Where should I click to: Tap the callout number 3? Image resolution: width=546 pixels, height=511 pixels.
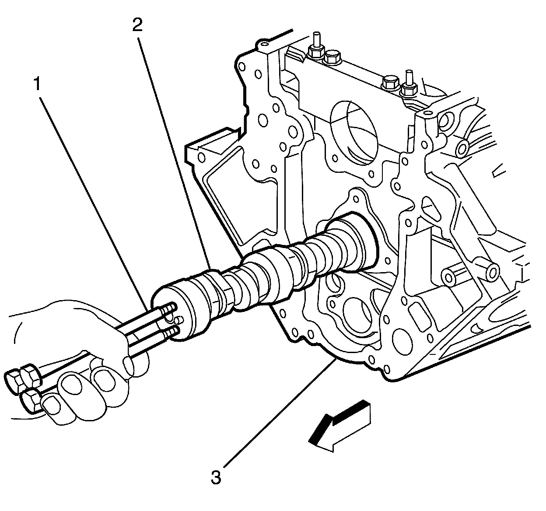pos(216,477)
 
